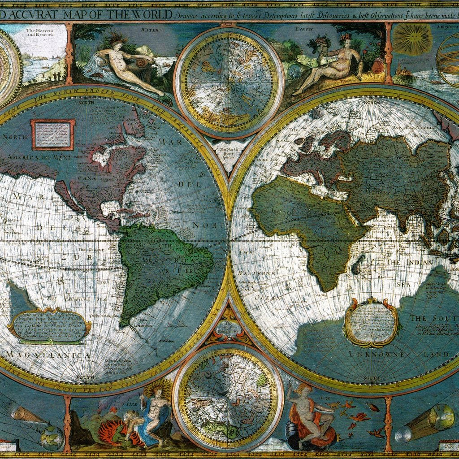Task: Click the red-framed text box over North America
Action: [x=52, y=134]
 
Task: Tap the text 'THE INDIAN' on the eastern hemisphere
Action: [x=410, y=262]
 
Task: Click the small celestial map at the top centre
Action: [x=229, y=83]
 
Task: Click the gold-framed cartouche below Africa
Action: [x=371, y=322]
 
